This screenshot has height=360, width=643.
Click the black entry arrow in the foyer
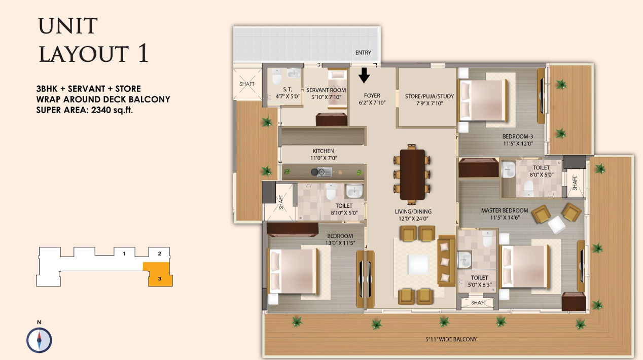point(364,76)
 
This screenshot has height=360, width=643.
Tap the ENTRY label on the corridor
point(363,53)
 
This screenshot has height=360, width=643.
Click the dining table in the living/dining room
point(412,174)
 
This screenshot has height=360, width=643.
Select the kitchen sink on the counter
point(325,172)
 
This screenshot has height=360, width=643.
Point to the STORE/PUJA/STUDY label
point(430,96)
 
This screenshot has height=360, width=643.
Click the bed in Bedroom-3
point(483,100)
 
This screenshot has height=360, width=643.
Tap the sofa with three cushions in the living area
point(446,261)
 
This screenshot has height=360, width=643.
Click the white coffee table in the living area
point(418,265)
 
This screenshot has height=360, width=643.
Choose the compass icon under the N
point(39,340)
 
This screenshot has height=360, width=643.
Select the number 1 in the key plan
point(124,254)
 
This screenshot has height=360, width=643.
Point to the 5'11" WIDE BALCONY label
point(451,339)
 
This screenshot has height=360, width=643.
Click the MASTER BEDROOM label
point(505,210)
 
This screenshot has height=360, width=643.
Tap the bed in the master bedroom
point(525,266)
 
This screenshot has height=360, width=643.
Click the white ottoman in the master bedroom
point(556,224)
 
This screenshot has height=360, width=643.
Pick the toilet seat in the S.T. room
point(277,77)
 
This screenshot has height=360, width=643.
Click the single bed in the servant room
point(338,89)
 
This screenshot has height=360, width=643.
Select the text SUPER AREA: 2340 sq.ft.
point(84,110)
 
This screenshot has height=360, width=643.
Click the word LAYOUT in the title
point(84,54)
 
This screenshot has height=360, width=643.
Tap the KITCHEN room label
point(323,151)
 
